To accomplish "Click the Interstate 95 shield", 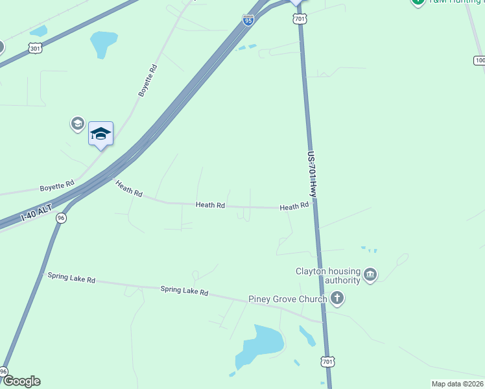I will [248, 20].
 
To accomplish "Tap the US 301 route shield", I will [35, 48].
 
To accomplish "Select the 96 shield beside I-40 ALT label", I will [61, 218].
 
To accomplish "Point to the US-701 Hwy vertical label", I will [312, 175].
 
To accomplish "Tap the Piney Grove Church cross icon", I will [337, 298].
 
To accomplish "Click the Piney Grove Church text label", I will [288, 300].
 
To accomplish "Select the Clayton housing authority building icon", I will [370, 276].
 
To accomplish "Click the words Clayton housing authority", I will [327, 276].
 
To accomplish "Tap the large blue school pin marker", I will [101, 134].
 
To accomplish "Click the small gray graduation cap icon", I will [77, 123].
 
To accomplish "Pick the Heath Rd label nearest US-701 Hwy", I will [294, 207].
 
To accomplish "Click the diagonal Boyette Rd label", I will [148, 80].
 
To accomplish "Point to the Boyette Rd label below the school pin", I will [58, 187].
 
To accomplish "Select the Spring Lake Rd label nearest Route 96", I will [71, 277].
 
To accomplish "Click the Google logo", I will [21, 381].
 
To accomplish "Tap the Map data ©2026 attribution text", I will [457, 384].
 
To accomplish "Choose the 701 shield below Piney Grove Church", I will [328, 361].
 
